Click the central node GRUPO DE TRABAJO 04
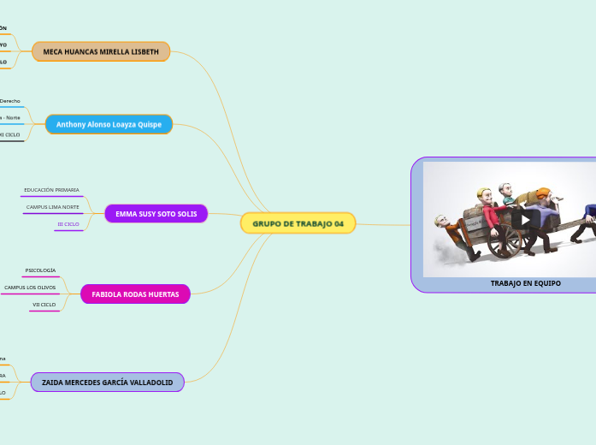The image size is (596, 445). coord(298,223)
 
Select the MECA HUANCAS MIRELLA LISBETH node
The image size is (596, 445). coord(101,51)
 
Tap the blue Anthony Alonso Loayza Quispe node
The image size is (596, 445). coord(109,124)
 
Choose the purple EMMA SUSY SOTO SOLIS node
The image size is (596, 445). coord(156,213)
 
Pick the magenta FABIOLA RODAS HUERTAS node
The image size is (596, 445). coord(135,294)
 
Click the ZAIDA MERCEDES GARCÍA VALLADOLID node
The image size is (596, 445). coord(107,383)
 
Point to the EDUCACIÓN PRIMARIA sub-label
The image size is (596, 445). coord(51,189)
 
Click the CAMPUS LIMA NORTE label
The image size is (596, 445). coord(52,207)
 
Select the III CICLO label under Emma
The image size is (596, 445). coord(68,223)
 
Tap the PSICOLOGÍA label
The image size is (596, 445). coord(40,270)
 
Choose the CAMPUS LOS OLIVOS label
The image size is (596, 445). coord(30,288)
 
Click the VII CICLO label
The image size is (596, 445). coord(44,305)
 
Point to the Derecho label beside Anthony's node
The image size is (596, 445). coord(10,101)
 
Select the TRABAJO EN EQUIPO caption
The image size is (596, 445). coord(525,282)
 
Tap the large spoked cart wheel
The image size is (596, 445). coord(504,239)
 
